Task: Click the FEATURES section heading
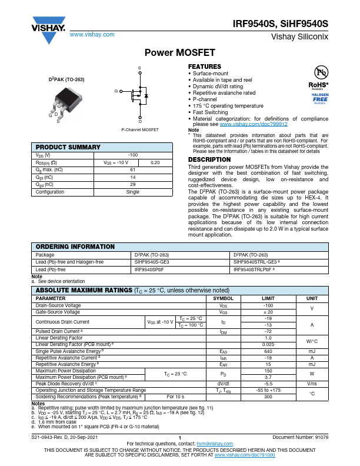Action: pyautogui.click(x=204, y=66)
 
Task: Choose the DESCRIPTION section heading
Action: pyautogui.click(x=209, y=159)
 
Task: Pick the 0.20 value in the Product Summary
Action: pyautogui.click(x=155, y=162)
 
